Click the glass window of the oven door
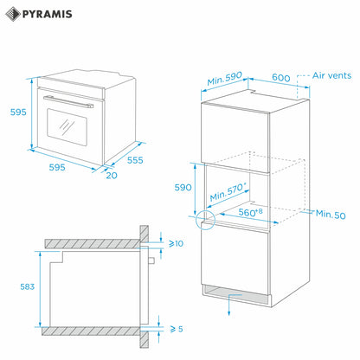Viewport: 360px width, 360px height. [x=66, y=126]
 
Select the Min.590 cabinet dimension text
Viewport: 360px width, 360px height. [x=222, y=80]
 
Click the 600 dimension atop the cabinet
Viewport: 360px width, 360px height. [x=280, y=78]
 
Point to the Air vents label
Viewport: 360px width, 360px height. [x=331, y=76]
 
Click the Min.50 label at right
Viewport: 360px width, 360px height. [x=330, y=213]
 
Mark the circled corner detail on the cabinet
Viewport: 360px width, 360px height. [x=204, y=221]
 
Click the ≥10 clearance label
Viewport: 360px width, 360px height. [x=177, y=245]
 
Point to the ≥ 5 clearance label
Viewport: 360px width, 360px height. [x=177, y=328]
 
